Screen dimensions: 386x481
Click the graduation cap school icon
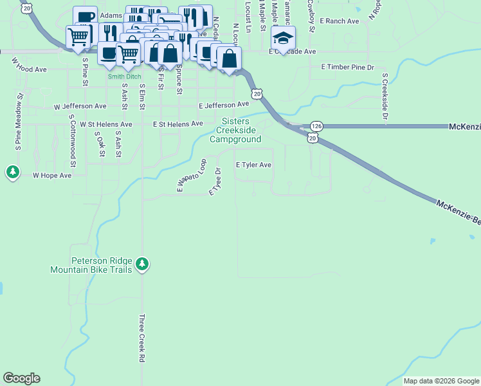284,38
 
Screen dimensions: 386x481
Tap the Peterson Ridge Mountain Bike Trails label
92,265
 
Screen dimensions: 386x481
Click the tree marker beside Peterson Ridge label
143,264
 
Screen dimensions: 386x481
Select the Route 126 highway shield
316,126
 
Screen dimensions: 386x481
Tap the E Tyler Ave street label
253,165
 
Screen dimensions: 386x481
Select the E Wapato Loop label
191,176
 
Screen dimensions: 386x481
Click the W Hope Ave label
52,175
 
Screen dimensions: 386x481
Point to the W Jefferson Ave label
80,106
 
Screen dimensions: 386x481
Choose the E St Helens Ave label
177,124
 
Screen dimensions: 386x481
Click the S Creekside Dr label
385,96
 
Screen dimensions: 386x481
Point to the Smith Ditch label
124,76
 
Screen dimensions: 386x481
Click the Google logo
21,378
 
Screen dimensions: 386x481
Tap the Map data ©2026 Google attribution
441,381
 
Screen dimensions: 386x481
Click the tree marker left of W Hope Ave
12,172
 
